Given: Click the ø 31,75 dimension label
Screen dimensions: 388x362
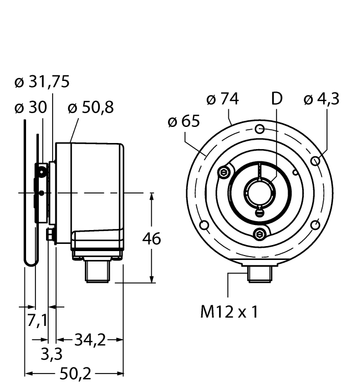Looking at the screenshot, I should tap(42, 82).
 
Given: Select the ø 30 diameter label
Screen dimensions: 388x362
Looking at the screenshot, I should tap(30, 108).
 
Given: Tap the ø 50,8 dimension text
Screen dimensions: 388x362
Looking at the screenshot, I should tap(90, 108).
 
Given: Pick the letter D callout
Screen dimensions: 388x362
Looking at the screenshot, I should tap(276, 99).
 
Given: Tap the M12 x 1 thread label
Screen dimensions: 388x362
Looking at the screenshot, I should tap(229, 312).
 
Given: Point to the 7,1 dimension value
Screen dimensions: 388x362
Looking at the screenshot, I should tap(37, 320).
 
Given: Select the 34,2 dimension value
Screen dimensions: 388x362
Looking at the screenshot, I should tap(89, 339).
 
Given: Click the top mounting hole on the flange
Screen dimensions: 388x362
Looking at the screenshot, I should tap(259, 129).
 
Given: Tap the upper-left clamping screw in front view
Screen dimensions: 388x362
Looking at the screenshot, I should tap(223, 172).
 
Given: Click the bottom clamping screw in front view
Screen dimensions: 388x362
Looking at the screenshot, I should tap(259, 234).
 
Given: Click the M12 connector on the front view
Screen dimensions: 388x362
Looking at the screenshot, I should tap(259, 272).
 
